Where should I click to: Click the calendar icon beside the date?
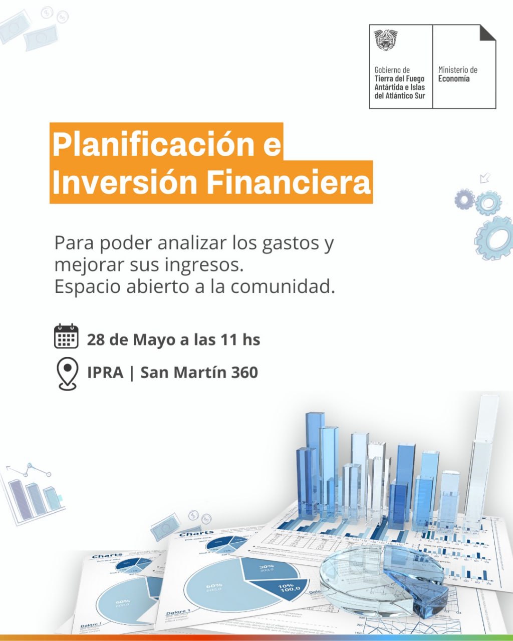tap(66, 336)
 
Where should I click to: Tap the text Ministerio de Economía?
tap(457, 74)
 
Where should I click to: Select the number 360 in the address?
tap(244, 373)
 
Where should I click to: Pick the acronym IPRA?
tap(105, 373)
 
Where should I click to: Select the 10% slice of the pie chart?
tap(284, 589)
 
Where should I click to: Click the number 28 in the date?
tap(95, 340)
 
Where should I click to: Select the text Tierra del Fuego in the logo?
tap(399, 79)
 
